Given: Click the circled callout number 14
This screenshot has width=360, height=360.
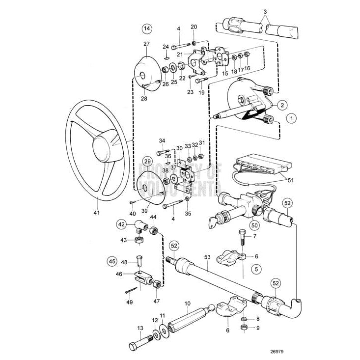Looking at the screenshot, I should click(146, 29).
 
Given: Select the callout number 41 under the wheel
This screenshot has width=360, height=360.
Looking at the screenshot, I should click(96, 213).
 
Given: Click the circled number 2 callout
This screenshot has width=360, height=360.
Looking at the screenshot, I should click(281, 104).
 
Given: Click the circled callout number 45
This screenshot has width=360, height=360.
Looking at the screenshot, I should click(112, 261).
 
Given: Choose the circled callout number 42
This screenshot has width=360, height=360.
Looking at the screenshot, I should click(121, 224).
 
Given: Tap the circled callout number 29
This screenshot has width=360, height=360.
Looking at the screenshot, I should click(147, 161).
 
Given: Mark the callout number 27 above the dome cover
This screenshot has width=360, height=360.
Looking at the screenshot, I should click(146, 44).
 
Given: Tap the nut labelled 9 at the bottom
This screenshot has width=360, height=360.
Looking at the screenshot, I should click(243, 328).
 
